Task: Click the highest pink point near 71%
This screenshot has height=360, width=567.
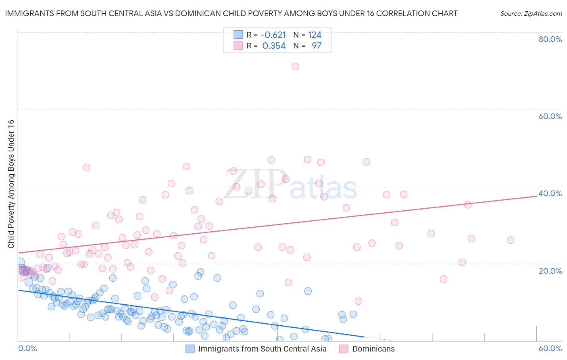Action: click(x=295, y=67)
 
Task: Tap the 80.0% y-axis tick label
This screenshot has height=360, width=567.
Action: click(x=550, y=39)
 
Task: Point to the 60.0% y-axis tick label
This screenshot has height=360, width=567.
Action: click(x=550, y=116)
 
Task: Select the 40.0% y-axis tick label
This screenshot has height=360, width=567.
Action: click(x=550, y=193)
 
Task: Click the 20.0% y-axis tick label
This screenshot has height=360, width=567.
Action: click(x=550, y=271)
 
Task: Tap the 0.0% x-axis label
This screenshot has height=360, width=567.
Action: click(x=27, y=348)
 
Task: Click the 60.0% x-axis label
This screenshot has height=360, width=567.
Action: click(x=550, y=348)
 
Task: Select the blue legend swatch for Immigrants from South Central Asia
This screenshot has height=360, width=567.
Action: click(x=190, y=349)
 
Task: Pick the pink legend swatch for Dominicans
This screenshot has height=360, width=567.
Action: click(x=344, y=349)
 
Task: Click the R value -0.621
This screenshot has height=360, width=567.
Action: click(x=273, y=35)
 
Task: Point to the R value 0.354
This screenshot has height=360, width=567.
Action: click(x=274, y=46)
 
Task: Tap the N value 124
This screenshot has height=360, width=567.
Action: click(x=315, y=35)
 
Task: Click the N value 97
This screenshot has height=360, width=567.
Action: click(x=317, y=46)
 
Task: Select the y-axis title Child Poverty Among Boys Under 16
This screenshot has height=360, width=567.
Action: click(x=11, y=184)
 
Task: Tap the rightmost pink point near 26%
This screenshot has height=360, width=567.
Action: click(x=511, y=240)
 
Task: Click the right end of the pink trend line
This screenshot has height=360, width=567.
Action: click(x=537, y=196)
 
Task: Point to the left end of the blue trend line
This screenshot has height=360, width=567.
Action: click(x=18, y=290)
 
